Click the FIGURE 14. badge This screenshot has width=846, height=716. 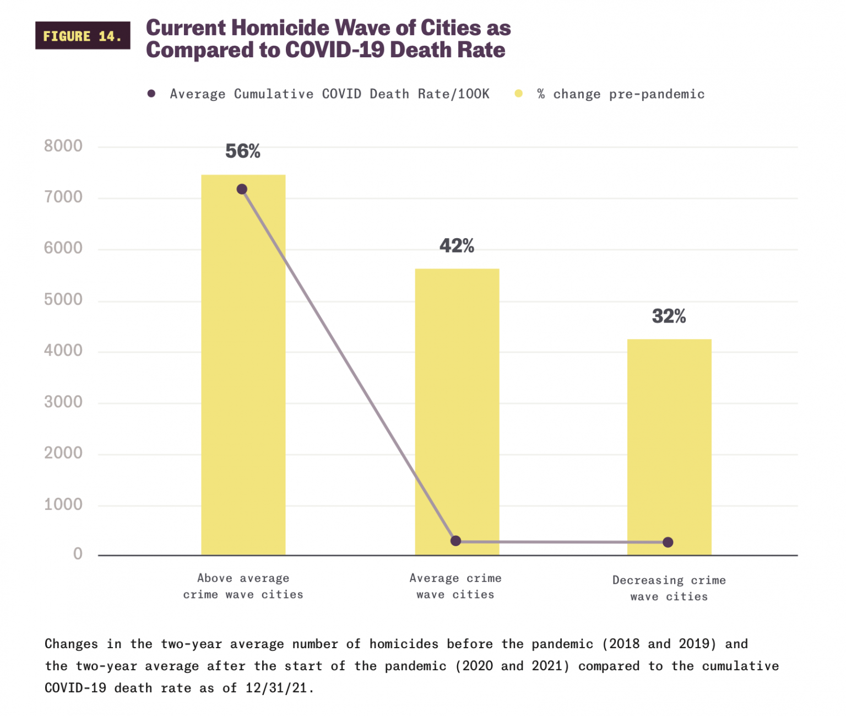[83, 36]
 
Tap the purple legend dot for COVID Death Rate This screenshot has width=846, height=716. [151, 94]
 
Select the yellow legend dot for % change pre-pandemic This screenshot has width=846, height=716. [518, 94]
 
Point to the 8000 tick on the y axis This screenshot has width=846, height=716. [63, 146]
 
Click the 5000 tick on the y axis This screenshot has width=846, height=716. [63, 299]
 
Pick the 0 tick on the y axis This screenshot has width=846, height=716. [78, 554]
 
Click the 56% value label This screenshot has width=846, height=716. [243, 151]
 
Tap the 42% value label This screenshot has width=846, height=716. [457, 246]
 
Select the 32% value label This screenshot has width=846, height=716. [669, 316]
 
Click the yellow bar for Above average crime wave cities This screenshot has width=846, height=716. [243, 386]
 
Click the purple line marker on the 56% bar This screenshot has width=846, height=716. [242, 190]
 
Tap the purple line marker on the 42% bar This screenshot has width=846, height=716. [455, 541]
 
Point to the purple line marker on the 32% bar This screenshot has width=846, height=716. [668, 542]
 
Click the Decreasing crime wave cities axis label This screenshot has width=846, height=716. [669, 588]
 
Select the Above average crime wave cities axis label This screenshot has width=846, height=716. [243, 586]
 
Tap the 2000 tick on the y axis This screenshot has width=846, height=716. [63, 453]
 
